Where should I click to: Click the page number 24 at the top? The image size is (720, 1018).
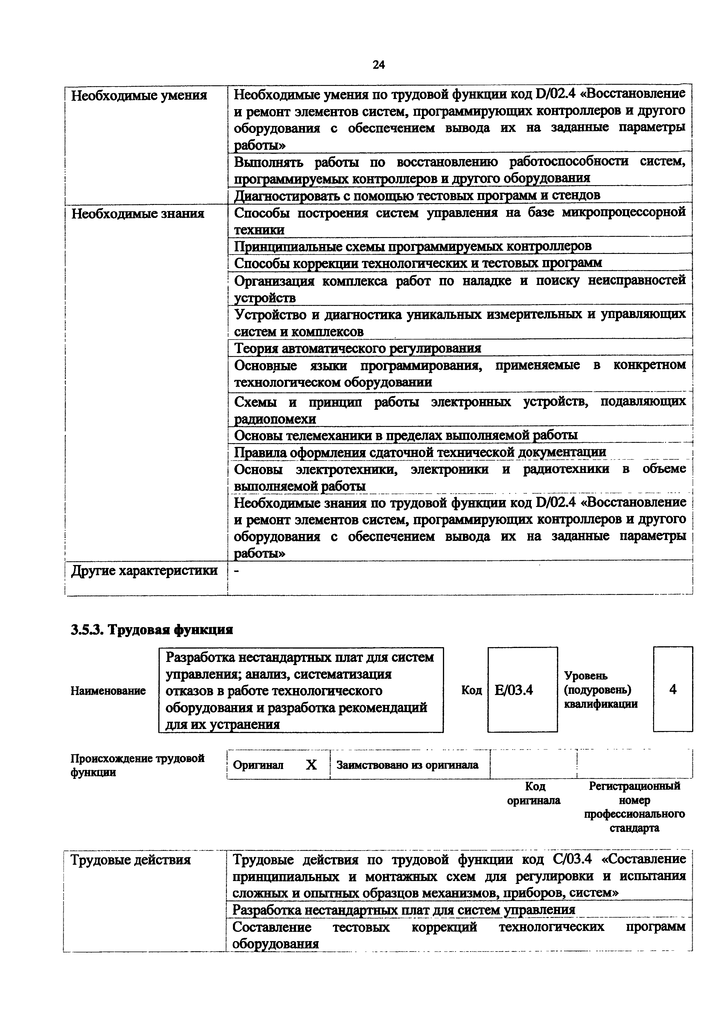378,65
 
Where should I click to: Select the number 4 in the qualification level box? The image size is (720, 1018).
673,690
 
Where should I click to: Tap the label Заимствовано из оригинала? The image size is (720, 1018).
407,765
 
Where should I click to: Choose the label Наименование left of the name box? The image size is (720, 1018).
108,691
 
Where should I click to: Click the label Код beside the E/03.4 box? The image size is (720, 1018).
471,690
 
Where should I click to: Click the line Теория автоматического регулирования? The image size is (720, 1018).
358,348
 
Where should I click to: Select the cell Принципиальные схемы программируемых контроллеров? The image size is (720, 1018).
412,246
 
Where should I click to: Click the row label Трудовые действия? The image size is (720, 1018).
131,860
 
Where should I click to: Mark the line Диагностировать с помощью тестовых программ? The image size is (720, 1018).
417,195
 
